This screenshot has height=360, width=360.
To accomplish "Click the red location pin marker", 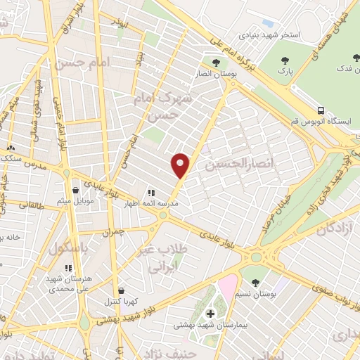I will [181, 165].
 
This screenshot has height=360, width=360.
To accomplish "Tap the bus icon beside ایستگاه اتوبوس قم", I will [321, 110].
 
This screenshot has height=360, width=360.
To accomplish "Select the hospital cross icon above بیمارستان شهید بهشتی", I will [210, 313].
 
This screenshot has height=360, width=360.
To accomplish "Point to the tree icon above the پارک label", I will [284, 61].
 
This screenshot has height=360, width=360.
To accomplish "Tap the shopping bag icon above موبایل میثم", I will [75, 191].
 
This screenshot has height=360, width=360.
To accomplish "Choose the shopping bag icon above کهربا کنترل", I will [122, 290].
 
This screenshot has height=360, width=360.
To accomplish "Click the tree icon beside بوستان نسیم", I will [255, 283].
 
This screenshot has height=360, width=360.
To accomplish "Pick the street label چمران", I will [112, 230].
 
